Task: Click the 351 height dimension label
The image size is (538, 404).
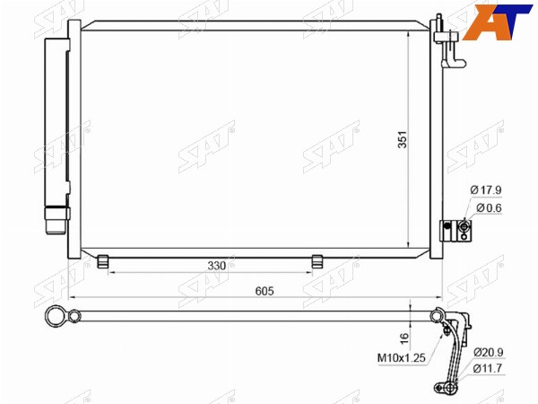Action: tap(402, 139)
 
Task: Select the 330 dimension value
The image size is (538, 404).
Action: tap(217, 266)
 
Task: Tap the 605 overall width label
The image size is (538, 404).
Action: tap(265, 291)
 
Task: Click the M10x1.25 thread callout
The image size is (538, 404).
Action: tap(402, 358)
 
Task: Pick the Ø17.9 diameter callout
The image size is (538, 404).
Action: tap(486, 189)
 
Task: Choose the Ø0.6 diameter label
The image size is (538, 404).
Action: tap(489, 208)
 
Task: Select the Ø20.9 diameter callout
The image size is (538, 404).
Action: tap(489, 352)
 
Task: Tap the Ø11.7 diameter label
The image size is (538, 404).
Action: tap(488, 368)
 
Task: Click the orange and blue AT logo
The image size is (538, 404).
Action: tap(498, 22)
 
